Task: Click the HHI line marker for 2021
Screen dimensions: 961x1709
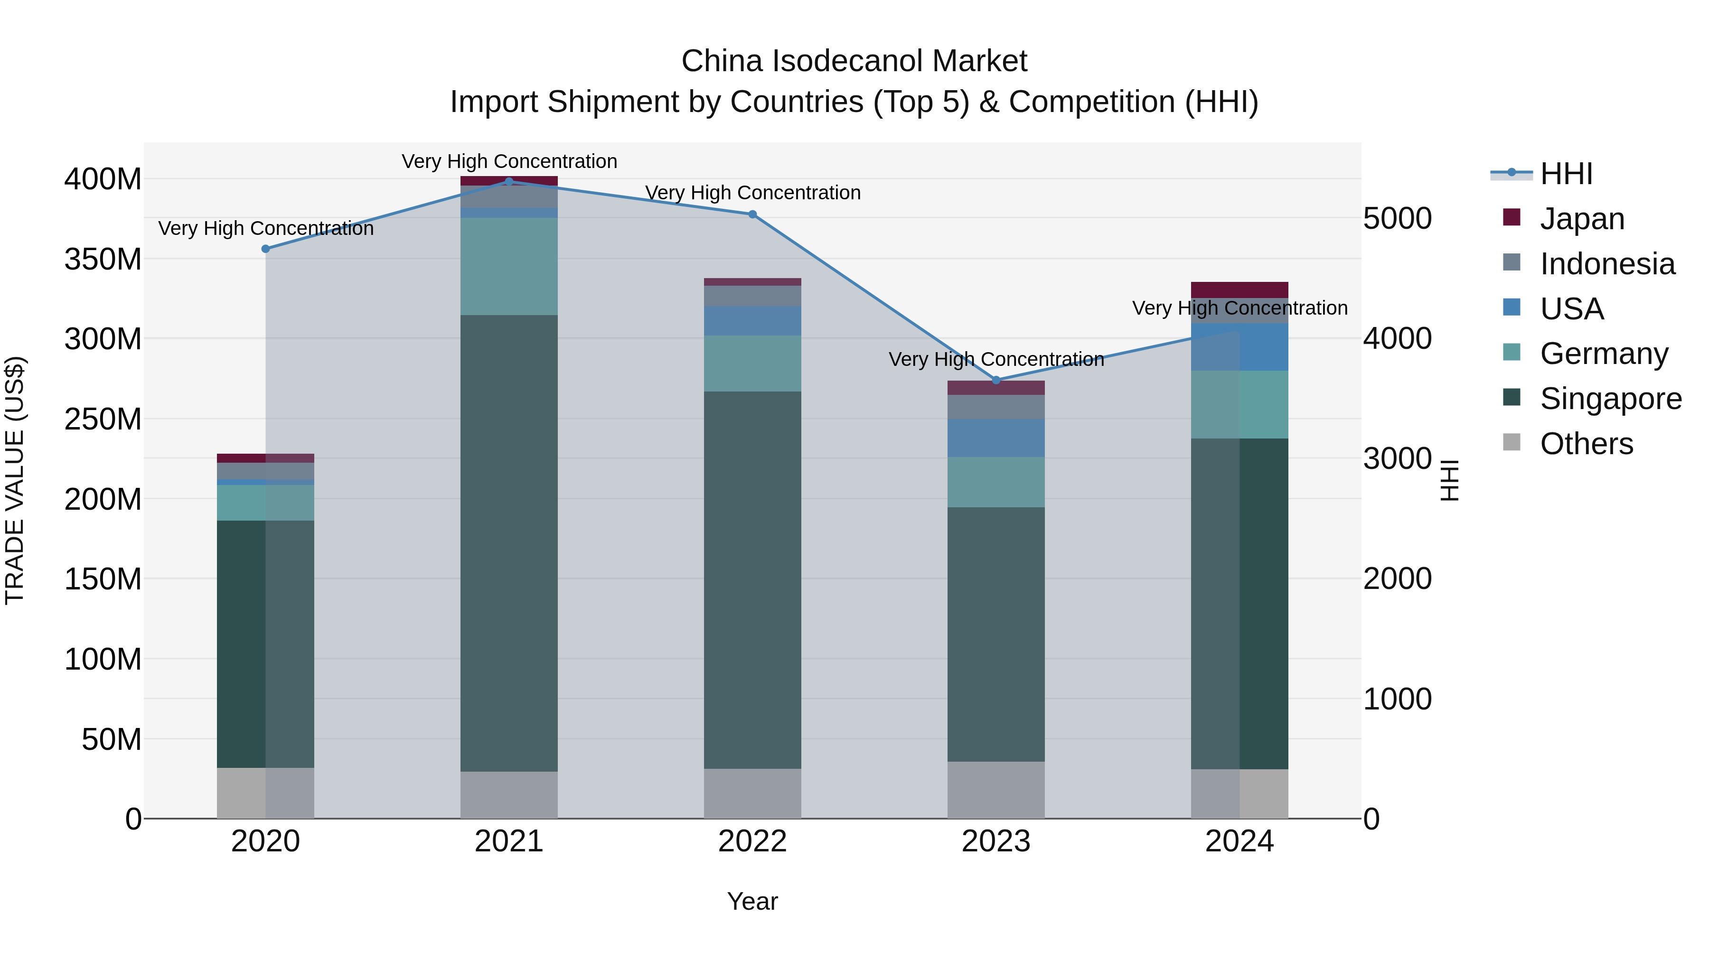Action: click(x=509, y=181)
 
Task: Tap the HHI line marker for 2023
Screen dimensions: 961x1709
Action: click(x=996, y=380)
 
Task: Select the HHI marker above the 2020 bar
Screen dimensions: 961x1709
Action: click(x=265, y=249)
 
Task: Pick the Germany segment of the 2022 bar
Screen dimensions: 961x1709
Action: click(x=752, y=364)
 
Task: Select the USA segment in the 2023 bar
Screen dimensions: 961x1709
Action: click(x=996, y=438)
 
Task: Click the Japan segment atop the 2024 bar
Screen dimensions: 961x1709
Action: click(x=1239, y=290)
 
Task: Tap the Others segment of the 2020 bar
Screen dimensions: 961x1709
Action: click(x=265, y=793)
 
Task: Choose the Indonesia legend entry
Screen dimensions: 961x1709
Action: click(x=1607, y=264)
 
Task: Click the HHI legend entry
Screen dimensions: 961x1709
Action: click(x=1566, y=174)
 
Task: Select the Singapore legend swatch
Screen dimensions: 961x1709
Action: click(x=1512, y=397)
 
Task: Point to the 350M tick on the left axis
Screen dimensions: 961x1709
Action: click(x=103, y=259)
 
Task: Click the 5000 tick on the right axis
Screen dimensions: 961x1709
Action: click(x=1397, y=218)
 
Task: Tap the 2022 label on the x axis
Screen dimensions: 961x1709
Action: click(x=752, y=841)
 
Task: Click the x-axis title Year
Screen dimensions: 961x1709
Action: click(x=752, y=901)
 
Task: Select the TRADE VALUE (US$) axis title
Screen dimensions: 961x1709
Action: click(x=15, y=480)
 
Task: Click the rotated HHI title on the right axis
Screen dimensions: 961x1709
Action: click(x=1450, y=480)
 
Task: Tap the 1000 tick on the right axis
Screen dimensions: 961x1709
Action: click(x=1397, y=699)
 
